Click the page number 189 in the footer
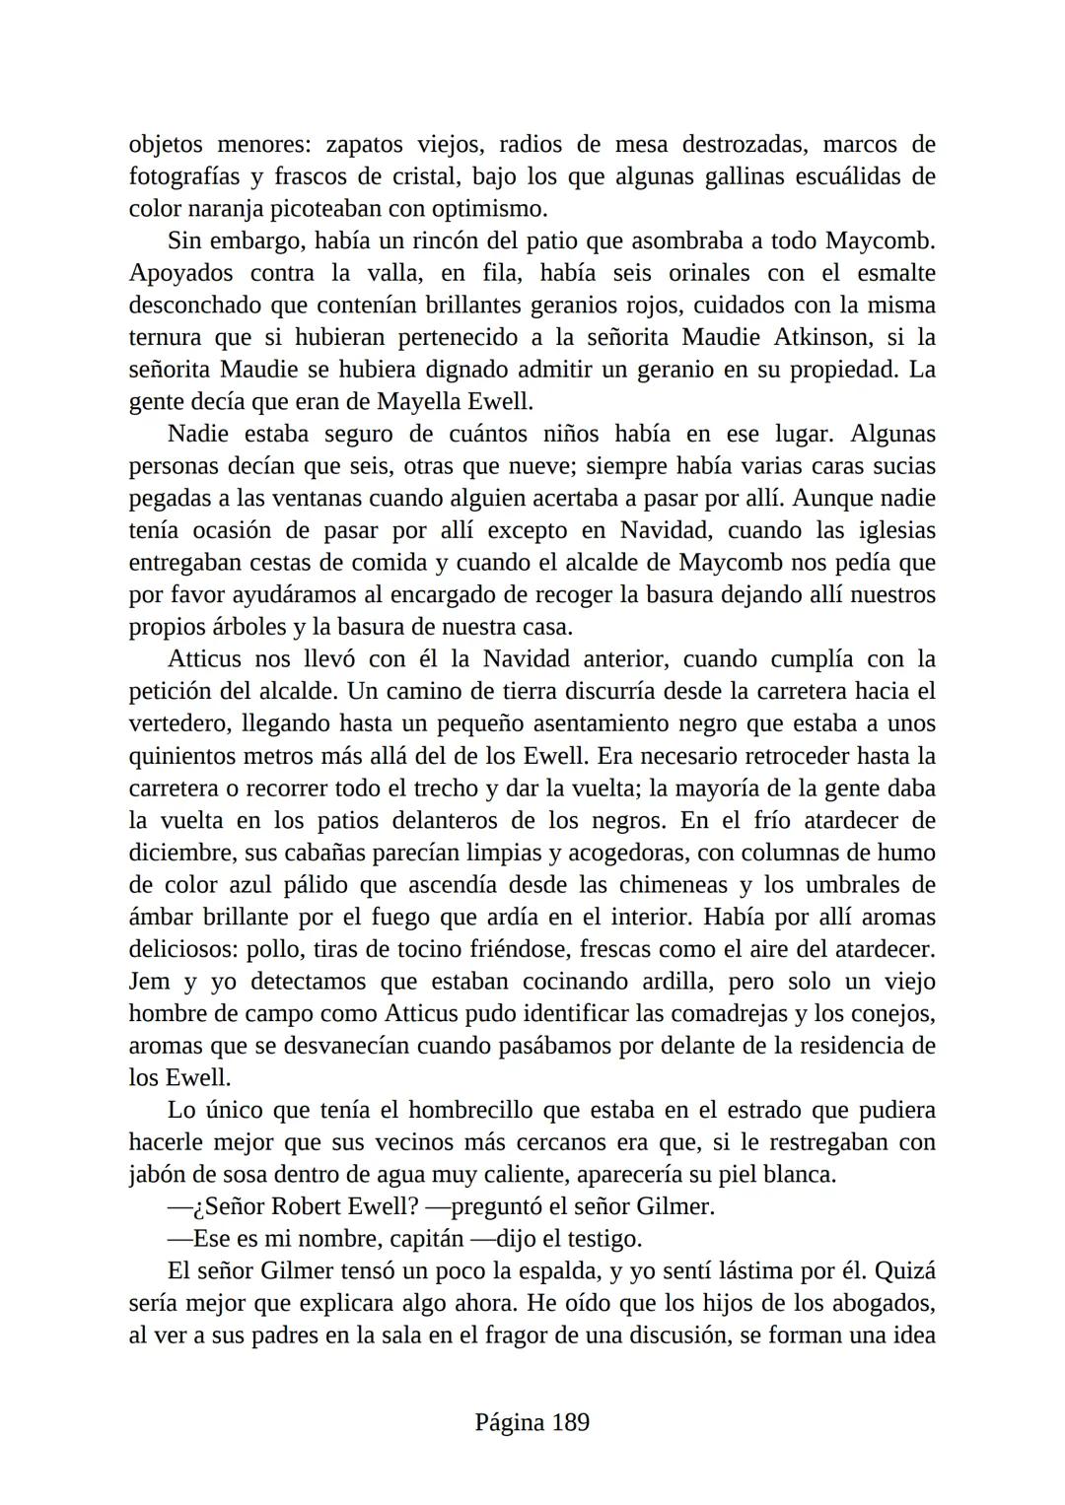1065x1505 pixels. click(x=570, y=1422)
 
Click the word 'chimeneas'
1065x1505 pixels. click(x=677, y=885)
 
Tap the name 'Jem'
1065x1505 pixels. click(x=149, y=982)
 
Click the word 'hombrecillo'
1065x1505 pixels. click(x=470, y=1110)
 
